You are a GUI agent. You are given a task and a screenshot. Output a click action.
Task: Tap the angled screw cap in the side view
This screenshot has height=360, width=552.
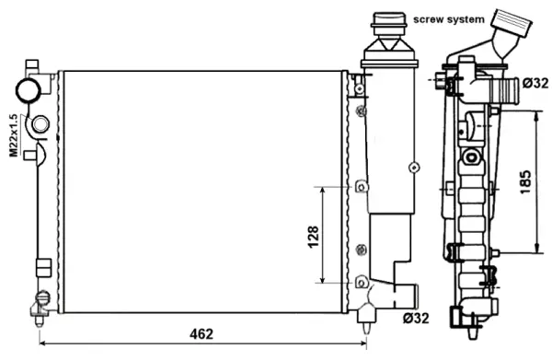[510, 22]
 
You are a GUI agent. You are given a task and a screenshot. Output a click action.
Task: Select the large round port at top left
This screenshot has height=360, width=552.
[27, 90]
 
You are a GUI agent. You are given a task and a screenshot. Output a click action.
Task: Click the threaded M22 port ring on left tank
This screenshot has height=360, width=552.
[40, 124]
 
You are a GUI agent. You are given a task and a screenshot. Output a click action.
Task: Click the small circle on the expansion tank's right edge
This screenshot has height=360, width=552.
[415, 168]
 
